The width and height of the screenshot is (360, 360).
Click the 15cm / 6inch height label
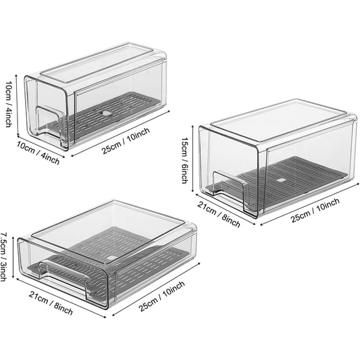pyautogui.click(x=184, y=161)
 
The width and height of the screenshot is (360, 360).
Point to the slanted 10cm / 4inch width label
pyautogui.click(x=41, y=153)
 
